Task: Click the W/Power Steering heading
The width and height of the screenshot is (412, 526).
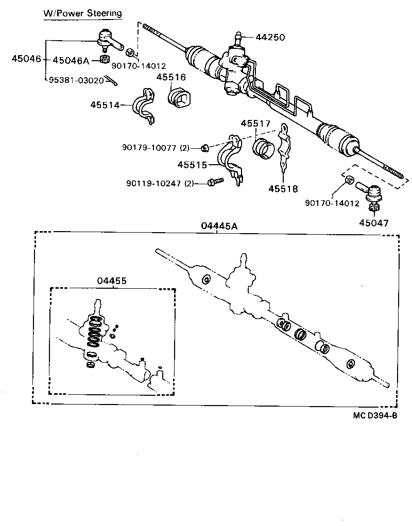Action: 82,13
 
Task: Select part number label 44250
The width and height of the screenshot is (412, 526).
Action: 270,38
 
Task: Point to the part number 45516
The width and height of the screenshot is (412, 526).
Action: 171,77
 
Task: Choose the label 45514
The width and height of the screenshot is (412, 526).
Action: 105,105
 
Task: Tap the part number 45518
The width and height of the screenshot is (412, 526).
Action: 283,189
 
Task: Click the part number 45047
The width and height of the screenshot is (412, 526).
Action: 374,223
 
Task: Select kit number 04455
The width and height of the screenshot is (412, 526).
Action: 112,280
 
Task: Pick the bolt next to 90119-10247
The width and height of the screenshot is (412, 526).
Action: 215,181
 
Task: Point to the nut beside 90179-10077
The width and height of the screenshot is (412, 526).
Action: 204,148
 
